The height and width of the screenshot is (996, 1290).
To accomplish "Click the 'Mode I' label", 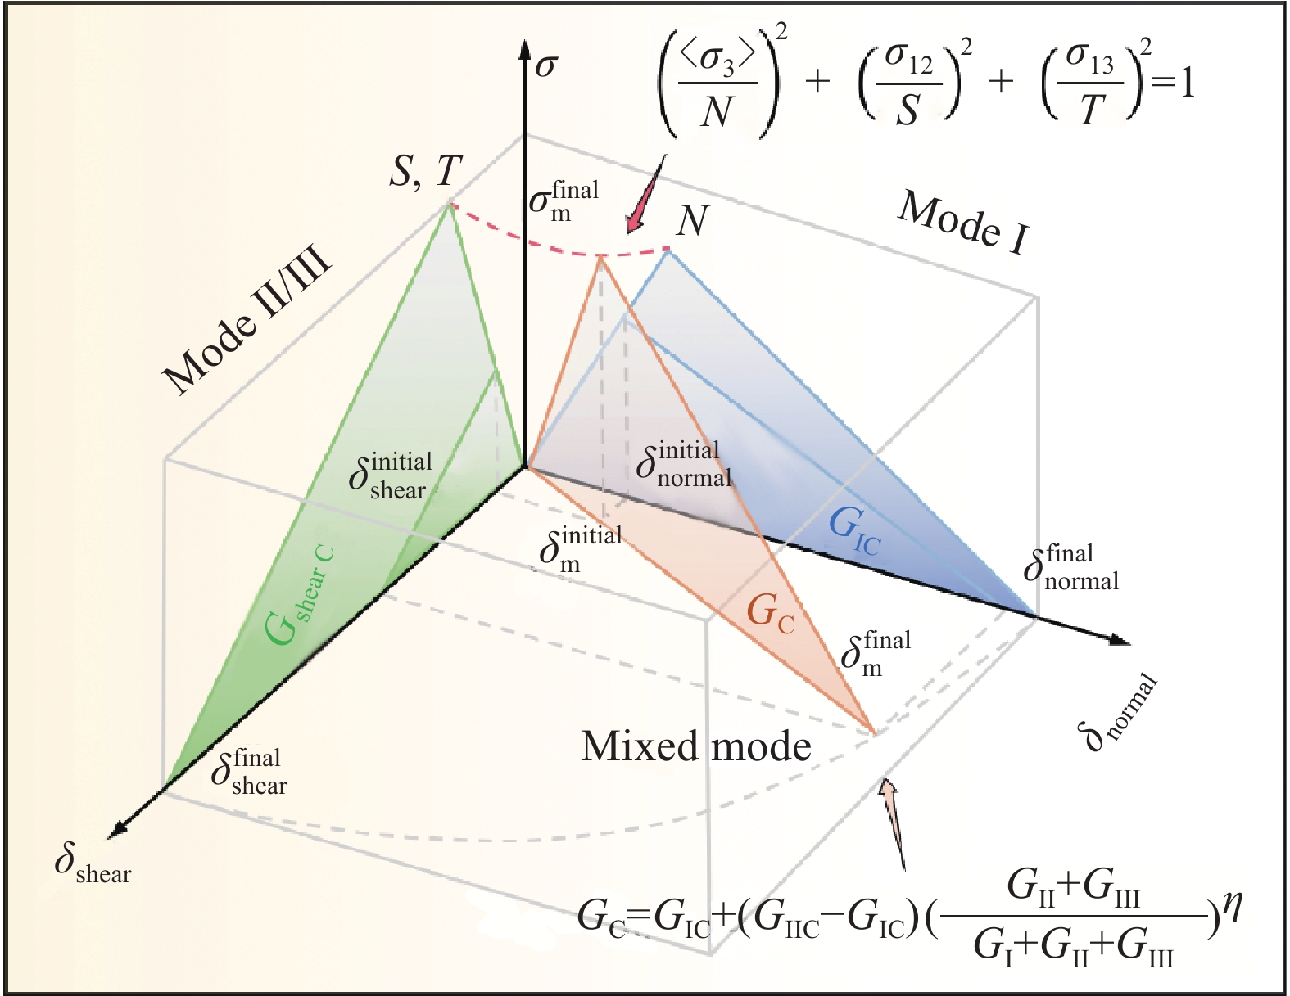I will (963, 222).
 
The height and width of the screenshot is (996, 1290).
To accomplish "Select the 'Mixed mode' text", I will (696, 746).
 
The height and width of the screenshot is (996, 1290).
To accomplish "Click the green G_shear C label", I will (301, 595).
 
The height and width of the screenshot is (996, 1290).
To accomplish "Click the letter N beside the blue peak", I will (693, 220).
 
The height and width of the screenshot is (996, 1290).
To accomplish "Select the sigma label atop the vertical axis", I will (545, 65).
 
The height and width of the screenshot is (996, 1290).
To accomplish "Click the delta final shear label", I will (249, 772).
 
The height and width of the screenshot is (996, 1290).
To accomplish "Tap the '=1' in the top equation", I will (1174, 84).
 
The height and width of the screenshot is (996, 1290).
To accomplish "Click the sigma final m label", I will (564, 201).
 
